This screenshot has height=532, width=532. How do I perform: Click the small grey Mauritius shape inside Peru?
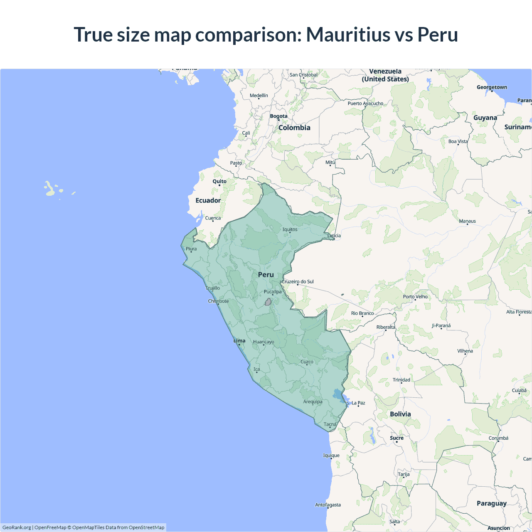(268, 302)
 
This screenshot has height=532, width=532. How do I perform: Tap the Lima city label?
(239, 341)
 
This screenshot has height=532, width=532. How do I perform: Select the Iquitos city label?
(290, 229)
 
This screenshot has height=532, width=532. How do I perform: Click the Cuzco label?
(307, 362)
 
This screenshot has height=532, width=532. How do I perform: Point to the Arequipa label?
(313, 401)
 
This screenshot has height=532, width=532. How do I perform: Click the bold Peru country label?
(266, 275)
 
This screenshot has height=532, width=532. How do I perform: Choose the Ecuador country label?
(208, 200)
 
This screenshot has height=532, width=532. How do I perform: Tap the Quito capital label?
(219, 181)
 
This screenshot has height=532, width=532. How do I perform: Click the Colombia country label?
(294, 128)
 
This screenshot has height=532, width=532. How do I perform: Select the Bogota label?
(278, 116)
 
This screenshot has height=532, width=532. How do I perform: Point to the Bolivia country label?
(400, 414)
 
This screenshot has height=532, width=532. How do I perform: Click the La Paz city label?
(358, 403)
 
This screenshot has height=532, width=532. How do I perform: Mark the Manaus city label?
(468, 221)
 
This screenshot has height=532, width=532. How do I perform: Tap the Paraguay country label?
(492, 503)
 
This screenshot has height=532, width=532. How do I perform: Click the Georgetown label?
(492, 87)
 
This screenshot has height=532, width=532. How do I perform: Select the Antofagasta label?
(328, 505)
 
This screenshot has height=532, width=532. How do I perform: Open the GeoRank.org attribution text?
(17, 527)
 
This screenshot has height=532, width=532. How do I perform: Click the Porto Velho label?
(415, 297)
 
